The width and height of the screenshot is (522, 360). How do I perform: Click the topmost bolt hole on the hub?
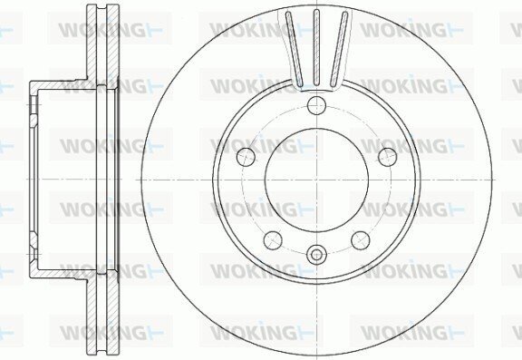(316, 105)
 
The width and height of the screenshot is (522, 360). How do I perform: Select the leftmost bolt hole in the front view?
(246, 157)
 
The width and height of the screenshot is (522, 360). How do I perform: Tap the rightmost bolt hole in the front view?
(388, 157)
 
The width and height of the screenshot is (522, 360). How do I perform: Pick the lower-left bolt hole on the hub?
(273, 239)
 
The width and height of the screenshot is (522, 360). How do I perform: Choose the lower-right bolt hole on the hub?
(361, 239)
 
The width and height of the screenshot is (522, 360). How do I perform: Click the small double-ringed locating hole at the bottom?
(316, 256)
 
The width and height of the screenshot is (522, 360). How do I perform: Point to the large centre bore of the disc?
(316, 180)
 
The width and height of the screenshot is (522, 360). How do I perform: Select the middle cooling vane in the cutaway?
(316, 47)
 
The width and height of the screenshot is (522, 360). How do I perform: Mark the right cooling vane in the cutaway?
(339, 48)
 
